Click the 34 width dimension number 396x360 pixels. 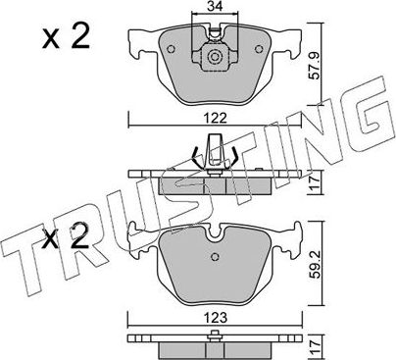(x=213, y=10)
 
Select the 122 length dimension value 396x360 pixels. (x=213, y=118)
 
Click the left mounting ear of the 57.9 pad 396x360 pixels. (x=136, y=43)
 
